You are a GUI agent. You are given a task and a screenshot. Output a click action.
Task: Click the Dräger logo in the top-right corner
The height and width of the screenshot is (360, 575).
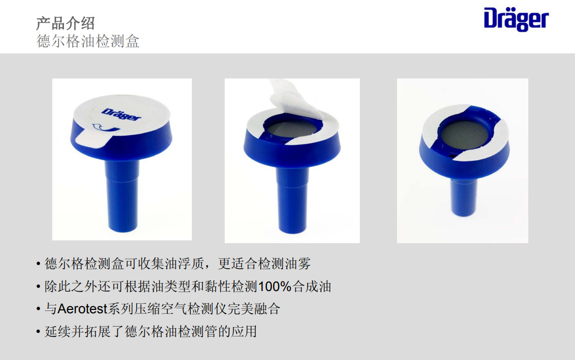515,19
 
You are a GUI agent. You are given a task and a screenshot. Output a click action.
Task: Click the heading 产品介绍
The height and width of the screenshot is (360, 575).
65,23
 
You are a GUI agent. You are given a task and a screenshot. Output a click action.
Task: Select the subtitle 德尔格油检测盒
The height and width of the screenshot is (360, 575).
88,41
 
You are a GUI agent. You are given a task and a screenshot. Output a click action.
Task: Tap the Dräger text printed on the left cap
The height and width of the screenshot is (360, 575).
122,110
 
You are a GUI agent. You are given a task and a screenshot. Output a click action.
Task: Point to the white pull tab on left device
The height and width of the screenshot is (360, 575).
89,137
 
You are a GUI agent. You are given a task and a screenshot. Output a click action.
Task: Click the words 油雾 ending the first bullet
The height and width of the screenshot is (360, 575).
304,264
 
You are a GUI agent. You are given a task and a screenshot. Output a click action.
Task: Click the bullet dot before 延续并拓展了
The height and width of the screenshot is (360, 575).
38,332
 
